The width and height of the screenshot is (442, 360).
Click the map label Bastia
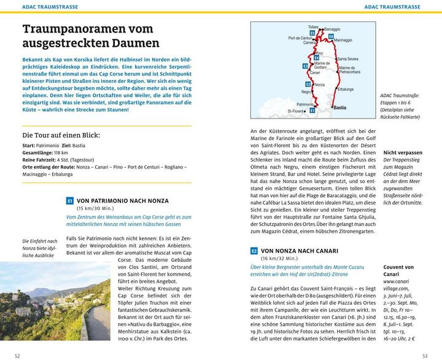[339, 108]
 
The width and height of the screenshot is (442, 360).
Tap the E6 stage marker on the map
[331, 37]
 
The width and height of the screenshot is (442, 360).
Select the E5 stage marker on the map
[312, 33]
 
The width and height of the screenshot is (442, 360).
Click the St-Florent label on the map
[297, 111]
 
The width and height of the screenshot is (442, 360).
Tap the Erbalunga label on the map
[346, 89]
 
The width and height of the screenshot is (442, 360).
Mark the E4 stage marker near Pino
[317, 58]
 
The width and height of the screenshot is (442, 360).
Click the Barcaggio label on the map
[331, 29]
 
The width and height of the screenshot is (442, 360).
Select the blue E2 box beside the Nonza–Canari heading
[254, 251]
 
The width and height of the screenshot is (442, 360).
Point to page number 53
[425, 355]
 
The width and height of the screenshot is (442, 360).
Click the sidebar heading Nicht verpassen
[402, 152]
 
